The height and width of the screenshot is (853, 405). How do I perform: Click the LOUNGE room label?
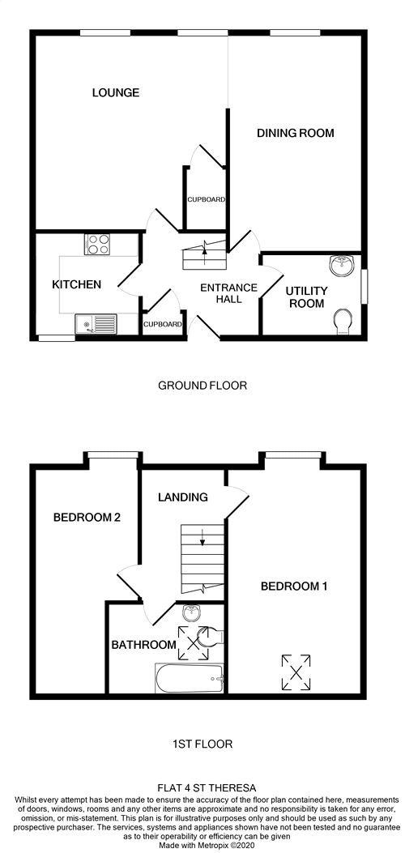pyautogui.click(x=116, y=92)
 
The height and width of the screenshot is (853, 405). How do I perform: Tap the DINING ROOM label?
pyautogui.click(x=295, y=133)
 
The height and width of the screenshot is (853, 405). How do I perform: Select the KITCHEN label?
pyautogui.click(x=77, y=284)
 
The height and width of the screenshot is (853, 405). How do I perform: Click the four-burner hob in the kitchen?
pyautogui.click(x=96, y=244)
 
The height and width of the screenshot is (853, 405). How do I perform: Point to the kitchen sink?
pyautogui.click(x=96, y=324)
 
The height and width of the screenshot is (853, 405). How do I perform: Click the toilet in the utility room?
pyautogui.click(x=343, y=322)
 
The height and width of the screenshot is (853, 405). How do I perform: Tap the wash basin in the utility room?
pyautogui.click(x=342, y=266)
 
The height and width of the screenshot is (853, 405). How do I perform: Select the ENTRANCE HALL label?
pyautogui.click(x=220, y=294)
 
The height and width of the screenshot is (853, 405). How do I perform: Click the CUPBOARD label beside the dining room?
pyautogui.click(x=206, y=199)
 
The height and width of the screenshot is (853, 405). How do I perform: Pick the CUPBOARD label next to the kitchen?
pyautogui.click(x=163, y=324)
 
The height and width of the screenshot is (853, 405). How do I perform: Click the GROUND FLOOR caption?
pyautogui.click(x=202, y=386)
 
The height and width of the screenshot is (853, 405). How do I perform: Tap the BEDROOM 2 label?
pyautogui.click(x=87, y=518)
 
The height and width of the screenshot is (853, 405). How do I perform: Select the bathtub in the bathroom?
pyautogui.click(x=190, y=678)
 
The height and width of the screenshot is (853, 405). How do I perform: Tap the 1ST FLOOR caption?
pyautogui.click(x=202, y=744)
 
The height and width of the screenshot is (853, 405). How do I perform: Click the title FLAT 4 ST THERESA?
pyautogui.click(x=202, y=787)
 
